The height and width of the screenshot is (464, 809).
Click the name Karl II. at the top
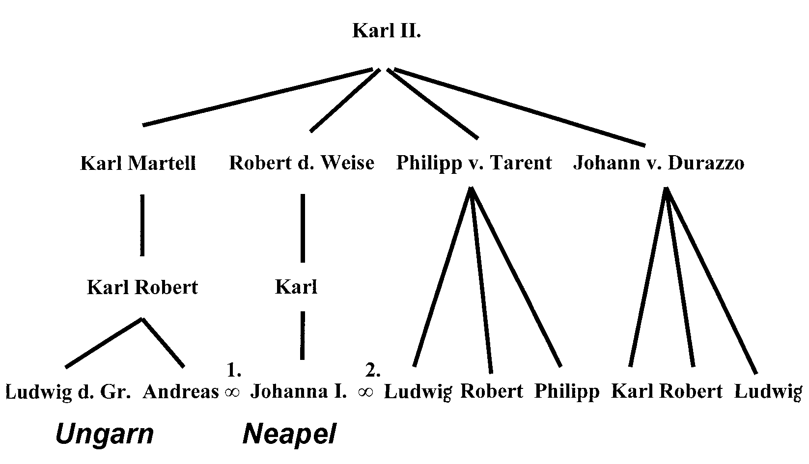point(387,31)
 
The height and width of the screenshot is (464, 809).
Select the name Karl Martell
point(138,163)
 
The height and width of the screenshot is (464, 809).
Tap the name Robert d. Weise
point(302,163)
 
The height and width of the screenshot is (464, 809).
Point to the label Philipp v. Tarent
point(474,163)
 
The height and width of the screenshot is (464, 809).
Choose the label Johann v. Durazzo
point(658,163)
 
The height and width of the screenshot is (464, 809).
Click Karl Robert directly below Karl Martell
point(142,287)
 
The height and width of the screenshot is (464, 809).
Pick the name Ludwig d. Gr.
point(69,392)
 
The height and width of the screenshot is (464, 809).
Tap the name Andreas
point(181,392)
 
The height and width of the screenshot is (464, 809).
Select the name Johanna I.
point(299,392)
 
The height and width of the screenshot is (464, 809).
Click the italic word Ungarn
point(104,434)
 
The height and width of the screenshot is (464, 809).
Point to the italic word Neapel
point(289,434)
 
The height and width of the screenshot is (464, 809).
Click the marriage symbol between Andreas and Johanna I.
point(231,392)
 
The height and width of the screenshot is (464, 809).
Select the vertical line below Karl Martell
point(142,225)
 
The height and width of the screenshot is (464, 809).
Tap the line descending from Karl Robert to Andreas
point(163,343)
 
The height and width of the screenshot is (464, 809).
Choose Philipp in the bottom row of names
point(567,392)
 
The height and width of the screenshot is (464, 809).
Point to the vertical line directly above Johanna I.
point(302,335)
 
